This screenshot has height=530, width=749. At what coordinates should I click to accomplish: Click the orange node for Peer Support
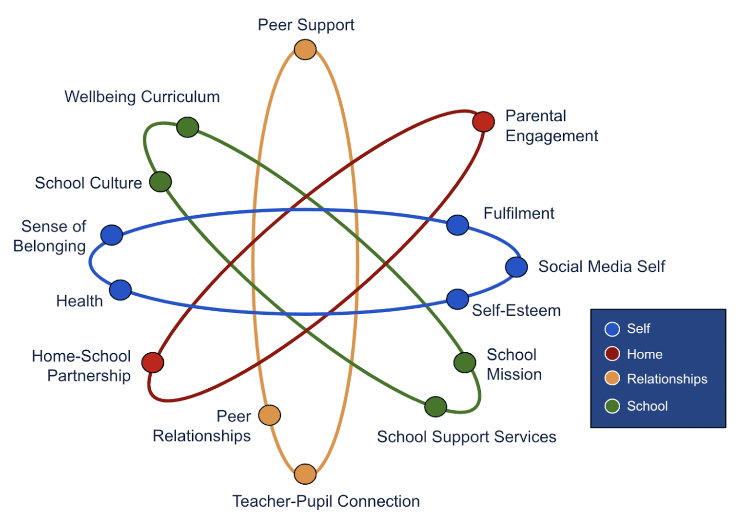click(x=305, y=50)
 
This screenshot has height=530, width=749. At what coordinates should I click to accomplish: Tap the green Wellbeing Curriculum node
click(x=188, y=127)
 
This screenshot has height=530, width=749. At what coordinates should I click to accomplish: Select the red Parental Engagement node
click(x=483, y=121)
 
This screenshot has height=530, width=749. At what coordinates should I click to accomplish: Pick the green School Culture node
click(x=160, y=182)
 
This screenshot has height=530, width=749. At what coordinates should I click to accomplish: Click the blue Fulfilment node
click(x=457, y=225)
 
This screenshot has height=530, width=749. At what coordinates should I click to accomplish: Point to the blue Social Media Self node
click(x=516, y=267)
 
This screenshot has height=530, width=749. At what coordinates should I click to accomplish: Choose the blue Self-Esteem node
click(x=457, y=299)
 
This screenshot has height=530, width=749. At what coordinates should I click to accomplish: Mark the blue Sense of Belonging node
click(x=112, y=235)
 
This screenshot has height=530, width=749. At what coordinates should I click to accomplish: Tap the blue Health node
click(x=120, y=290)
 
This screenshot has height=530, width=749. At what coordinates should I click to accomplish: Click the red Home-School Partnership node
click(x=153, y=362)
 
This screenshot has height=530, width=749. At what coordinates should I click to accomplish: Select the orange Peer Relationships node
click(x=270, y=416)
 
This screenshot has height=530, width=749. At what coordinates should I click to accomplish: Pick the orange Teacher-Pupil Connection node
click(x=305, y=474)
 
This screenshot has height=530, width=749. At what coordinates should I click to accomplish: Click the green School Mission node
click(x=465, y=362)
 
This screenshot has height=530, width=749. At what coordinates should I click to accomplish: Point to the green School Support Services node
click(x=435, y=407)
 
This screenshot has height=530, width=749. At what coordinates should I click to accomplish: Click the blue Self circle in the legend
click(x=612, y=329)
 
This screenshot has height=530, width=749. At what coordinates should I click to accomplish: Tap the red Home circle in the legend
click(x=612, y=354)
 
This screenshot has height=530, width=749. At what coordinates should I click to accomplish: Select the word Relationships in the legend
click(x=667, y=379)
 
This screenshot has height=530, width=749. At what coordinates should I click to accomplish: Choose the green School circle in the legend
click(x=612, y=406)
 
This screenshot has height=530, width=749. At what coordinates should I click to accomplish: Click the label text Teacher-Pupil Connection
click(x=326, y=501)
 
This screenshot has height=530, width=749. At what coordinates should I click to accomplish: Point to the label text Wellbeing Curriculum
click(x=142, y=96)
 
